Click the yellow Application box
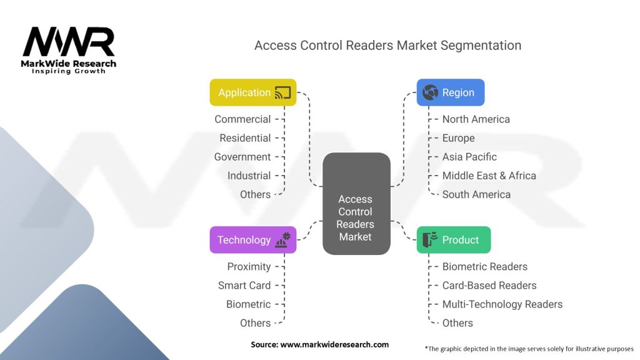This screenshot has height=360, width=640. [x=253, y=92]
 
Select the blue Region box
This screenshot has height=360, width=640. [x=451, y=92]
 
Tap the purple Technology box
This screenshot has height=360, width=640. [x=253, y=239]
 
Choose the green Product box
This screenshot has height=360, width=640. [x=454, y=239]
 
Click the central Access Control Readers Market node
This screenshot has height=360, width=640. [x=356, y=204]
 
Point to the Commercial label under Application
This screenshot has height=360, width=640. [x=242, y=119]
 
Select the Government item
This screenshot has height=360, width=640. [x=242, y=157]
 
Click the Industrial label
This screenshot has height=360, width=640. [x=249, y=176]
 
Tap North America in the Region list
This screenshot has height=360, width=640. [x=476, y=119]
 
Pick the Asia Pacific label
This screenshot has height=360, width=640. [x=469, y=157]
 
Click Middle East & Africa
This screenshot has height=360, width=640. [x=489, y=176]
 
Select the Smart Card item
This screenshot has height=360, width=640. [x=244, y=285]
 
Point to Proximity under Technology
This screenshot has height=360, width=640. [x=249, y=266]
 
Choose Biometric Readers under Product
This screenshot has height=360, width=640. [x=485, y=266]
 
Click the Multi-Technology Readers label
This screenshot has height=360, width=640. [x=502, y=304]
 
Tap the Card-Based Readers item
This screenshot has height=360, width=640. [x=489, y=285]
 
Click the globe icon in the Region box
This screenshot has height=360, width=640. [x=430, y=92]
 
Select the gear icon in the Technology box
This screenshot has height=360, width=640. [x=286, y=236]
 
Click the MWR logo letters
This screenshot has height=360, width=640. [x=69, y=41]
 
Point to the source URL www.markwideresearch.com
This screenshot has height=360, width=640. [x=334, y=344]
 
